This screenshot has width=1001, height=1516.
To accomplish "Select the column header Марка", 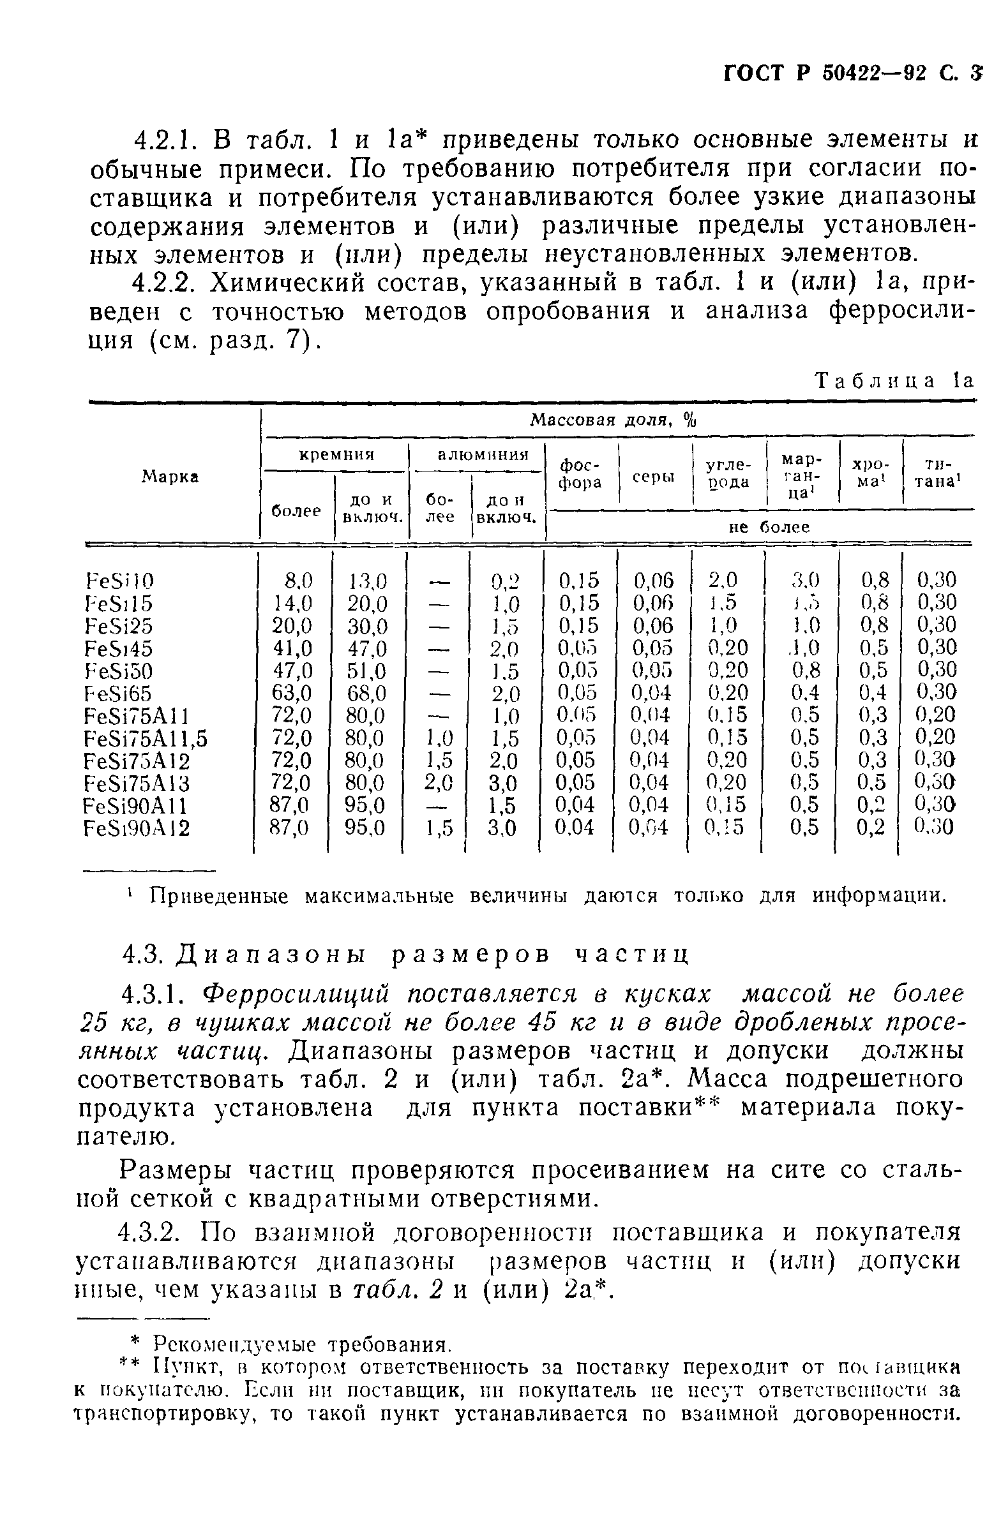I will click(x=170, y=476).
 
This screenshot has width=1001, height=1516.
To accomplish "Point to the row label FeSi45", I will click(x=119, y=648).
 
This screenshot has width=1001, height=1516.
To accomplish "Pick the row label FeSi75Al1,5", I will click(x=146, y=738).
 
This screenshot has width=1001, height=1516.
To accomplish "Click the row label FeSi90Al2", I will click(x=137, y=828).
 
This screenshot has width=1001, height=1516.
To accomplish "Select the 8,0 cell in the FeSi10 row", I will click(x=298, y=581).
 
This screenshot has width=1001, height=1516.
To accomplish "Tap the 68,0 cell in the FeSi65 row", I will click(x=366, y=693).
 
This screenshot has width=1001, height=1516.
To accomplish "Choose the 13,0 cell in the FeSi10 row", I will click(x=366, y=581).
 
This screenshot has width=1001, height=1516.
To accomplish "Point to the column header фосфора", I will click(x=580, y=475).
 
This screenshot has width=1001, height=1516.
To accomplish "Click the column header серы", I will click(x=655, y=476).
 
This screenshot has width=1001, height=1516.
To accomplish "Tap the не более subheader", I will click(x=760, y=527).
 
